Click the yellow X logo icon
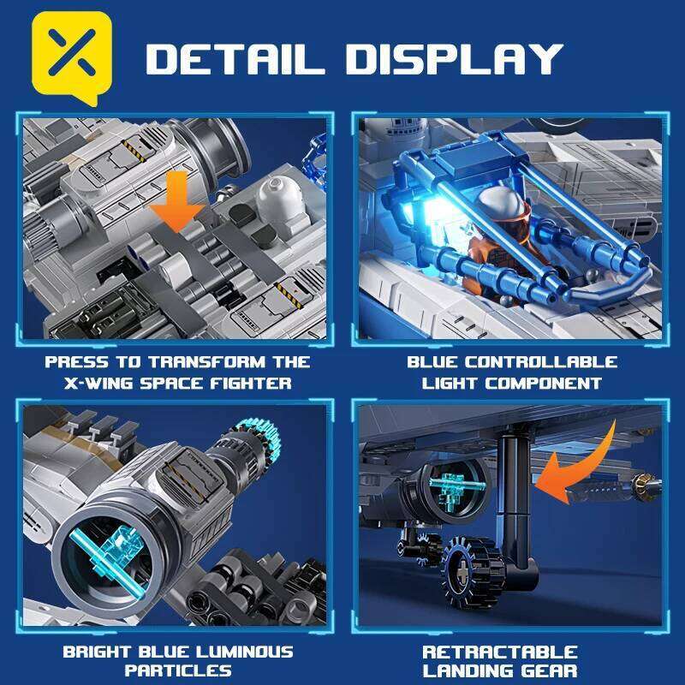(72, 57)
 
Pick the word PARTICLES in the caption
(178, 671)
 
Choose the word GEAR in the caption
(550, 671)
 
